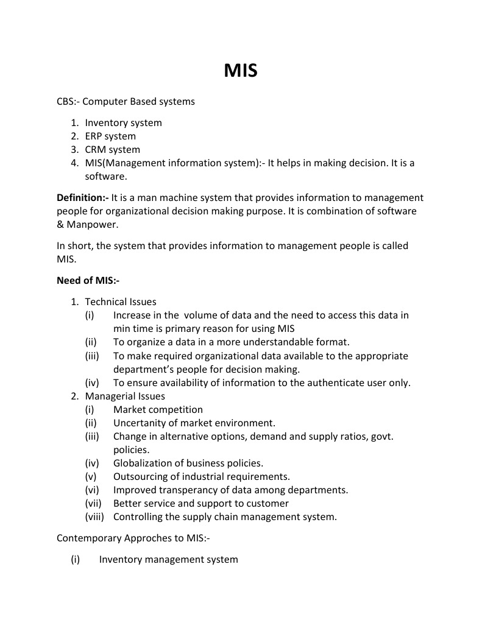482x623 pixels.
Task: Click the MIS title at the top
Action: (x=241, y=71)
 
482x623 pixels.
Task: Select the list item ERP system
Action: (x=110, y=136)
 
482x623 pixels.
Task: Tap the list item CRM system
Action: (x=112, y=150)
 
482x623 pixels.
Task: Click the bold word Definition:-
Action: (x=83, y=198)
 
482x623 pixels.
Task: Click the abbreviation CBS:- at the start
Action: (x=68, y=102)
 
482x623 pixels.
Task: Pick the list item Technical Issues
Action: (x=121, y=302)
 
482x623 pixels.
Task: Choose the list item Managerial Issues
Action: (x=125, y=396)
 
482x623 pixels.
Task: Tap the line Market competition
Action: (x=158, y=410)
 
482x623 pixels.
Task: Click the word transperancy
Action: (x=189, y=490)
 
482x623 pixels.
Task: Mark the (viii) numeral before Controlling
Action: (x=94, y=517)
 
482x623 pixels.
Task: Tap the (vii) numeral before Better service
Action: (x=93, y=504)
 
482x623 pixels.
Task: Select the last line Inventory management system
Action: (x=168, y=559)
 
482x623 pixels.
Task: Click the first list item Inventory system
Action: (x=123, y=123)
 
